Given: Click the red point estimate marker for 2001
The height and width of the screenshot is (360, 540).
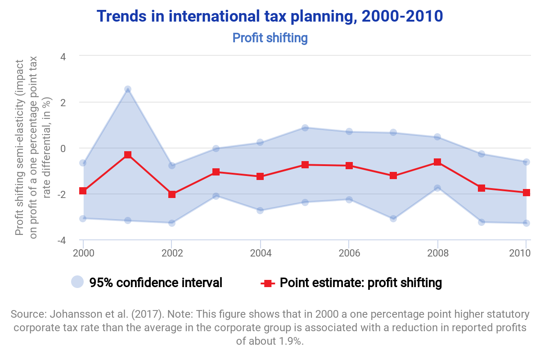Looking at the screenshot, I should (x=127, y=155).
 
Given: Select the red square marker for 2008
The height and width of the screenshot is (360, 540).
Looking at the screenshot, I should (x=437, y=162).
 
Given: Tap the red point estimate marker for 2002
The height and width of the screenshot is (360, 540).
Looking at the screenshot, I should (x=172, y=194).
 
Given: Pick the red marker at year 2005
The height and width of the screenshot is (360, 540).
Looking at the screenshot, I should (x=305, y=165).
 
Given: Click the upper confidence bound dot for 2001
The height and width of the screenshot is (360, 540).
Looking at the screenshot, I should (x=127, y=89).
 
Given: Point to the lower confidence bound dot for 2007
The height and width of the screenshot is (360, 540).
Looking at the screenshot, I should (x=393, y=218).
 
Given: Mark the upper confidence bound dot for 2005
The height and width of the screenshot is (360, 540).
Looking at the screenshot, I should (x=305, y=128).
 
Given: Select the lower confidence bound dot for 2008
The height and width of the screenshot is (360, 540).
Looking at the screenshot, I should (x=437, y=188).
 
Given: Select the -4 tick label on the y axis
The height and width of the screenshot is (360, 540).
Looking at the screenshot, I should (x=62, y=240).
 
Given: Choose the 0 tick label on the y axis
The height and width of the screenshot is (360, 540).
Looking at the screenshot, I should (x=63, y=148).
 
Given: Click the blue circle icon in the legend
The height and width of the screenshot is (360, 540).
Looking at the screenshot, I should (x=78, y=282).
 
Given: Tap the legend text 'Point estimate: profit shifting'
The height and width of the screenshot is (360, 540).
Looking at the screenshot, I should (x=360, y=283).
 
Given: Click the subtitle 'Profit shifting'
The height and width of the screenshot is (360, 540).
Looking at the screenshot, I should (x=270, y=38).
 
